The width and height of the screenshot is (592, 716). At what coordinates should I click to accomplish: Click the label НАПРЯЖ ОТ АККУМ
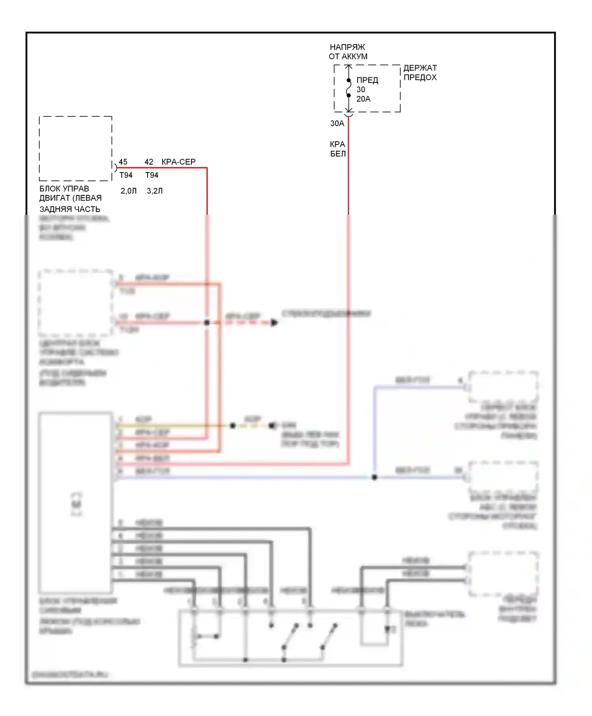tap(348, 52)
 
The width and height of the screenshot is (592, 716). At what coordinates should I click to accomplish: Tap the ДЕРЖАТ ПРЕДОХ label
tap(420, 73)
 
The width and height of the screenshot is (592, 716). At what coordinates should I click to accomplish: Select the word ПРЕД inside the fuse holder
tap(367, 80)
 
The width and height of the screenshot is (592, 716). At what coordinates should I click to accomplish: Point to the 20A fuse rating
tap(363, 99)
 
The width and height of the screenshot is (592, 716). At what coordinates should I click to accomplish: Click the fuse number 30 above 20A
tap(361, 90)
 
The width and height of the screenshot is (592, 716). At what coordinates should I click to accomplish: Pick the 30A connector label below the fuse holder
tap(337, 124)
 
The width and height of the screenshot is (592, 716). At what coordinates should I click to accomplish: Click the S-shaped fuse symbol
tap(348, 88)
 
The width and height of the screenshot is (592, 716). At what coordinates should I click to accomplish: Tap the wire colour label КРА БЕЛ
tap(337, 149)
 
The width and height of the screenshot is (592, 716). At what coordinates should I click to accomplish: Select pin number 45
tap(123, 162)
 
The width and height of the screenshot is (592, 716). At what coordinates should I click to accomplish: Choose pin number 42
tap(149, 162)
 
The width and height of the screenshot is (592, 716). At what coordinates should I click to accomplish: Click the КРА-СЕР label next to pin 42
tap(178, 162)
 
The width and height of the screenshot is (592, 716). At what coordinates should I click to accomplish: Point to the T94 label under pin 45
tap(126, 175)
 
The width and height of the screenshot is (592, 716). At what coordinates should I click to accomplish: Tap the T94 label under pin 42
tap(152, 175)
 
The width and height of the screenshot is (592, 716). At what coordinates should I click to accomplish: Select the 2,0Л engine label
tap(129, 191)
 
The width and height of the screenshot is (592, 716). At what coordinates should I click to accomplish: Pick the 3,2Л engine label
tap(155, 191)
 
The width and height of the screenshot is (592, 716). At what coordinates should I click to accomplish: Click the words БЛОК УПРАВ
tap(64, 189)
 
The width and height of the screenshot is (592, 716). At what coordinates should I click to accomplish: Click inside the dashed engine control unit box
tap(75, 148)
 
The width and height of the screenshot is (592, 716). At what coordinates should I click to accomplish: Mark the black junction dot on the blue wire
tap(374, 477)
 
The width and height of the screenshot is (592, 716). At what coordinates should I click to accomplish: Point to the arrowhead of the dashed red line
tap(274, 322)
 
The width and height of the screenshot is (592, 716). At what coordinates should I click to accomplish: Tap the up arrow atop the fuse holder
tap(348, 67)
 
